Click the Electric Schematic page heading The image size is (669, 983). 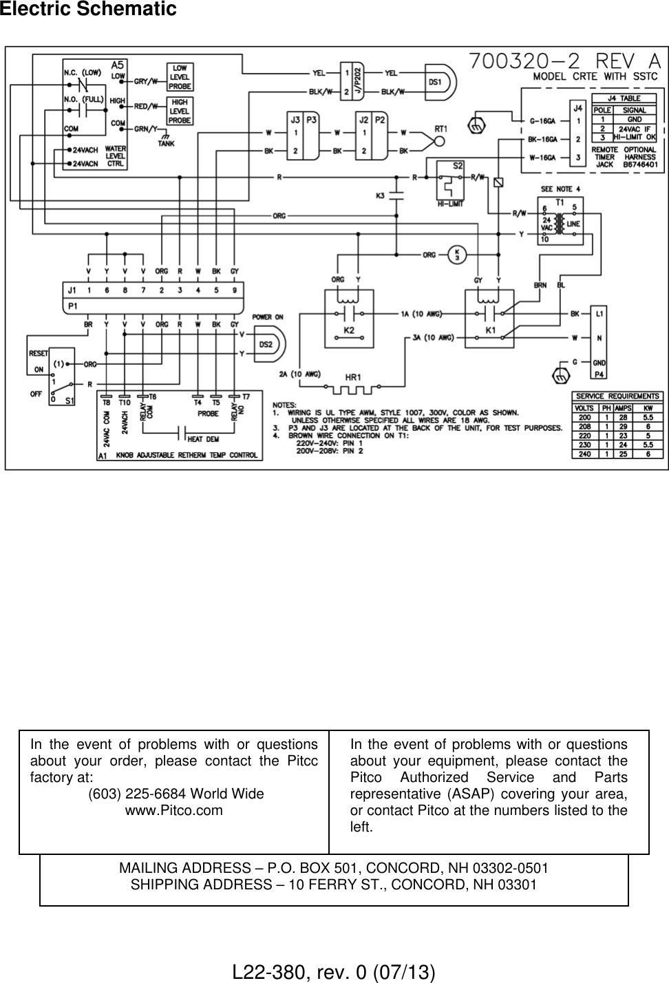[x=89, y=10]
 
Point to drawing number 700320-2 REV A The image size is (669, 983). [x=565, y=61]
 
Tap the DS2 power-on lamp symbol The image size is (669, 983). [x=268, y=344]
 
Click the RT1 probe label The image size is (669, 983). [x=441, y=128]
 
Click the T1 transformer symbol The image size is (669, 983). [x=560, y=222]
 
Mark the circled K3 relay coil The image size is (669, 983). [x=457, y=253]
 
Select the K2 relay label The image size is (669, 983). [x=349, y=331]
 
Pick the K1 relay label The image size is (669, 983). [x=489, y=331]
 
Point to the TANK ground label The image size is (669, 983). [x=165, y=144]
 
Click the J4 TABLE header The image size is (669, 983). [x=624, y=98]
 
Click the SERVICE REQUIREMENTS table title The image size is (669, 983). [x=617, y=397]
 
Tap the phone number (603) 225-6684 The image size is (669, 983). [x=176, y=794]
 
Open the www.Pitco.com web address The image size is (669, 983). [x=173, y=810]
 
